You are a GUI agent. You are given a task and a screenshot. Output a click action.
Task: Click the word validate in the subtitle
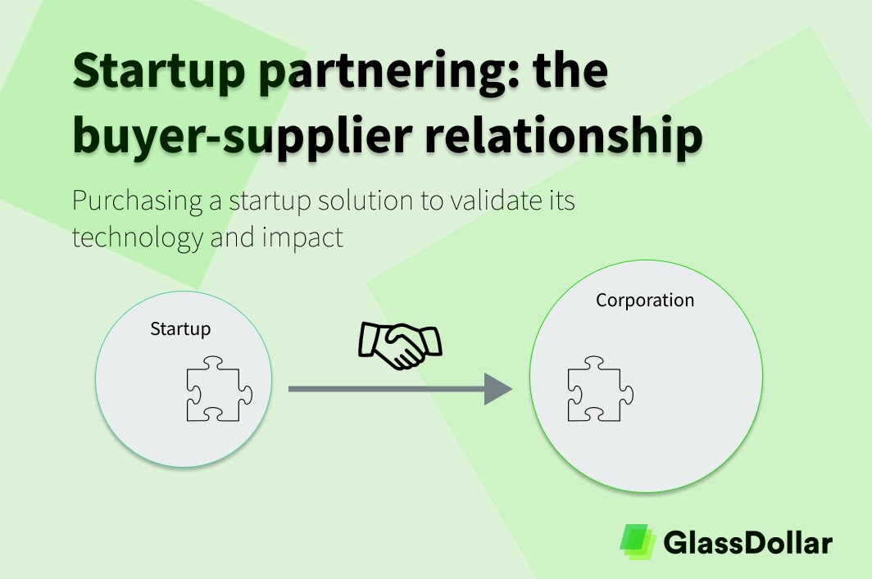tap(486, 201)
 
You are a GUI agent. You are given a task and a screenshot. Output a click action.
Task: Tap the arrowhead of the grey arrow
tap(497, 389)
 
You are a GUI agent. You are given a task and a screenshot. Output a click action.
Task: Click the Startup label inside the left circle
tap(180, 329)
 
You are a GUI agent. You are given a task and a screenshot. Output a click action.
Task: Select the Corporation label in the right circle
tap(645, 301)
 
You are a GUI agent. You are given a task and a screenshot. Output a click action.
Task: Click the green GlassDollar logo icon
tap(638, 541)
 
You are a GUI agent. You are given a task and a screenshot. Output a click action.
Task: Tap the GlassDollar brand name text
tap(747, 542)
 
